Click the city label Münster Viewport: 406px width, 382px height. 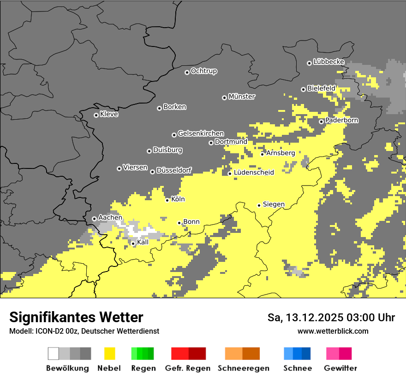pyautogui.click(x=242, y=97)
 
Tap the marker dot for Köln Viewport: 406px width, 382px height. pyautogui.click(x=167, y=200)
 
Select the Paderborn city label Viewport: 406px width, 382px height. pyautogui.click(x=342, y=120)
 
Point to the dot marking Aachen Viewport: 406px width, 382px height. pyautogui.click(x=94, y=219)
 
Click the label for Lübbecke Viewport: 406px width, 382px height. pyautogui.click(x=328, y=62)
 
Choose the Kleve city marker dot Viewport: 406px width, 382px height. pyautogui.click(x=96, y=115)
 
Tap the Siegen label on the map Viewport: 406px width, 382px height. pyautogui.click(x=274, y=204)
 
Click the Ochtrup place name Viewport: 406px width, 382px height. pyautogui.click(x=204, y=71)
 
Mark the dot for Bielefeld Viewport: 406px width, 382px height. pyautogui.click(x=303, y=89)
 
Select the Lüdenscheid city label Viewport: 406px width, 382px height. pyautogui.click(x=254, y=173)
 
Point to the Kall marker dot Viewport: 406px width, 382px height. pyautogui.click(x=133, y=243)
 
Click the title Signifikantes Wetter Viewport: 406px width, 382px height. pyautogui.click(x=76, y=317)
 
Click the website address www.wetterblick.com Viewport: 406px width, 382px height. pyautogui.click(x=333, y=331)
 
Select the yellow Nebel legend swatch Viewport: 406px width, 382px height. pyautogui.click(x=110, y=353)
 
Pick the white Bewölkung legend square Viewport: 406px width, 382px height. pyautogui.click(x=54, y=353)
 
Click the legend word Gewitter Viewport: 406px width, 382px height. pyautogui.click(x=340, y=368)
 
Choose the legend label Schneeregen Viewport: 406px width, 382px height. pyautogui.click(x=244, y=368)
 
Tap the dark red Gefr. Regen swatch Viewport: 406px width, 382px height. pyautogui.click(x=197, y=353)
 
